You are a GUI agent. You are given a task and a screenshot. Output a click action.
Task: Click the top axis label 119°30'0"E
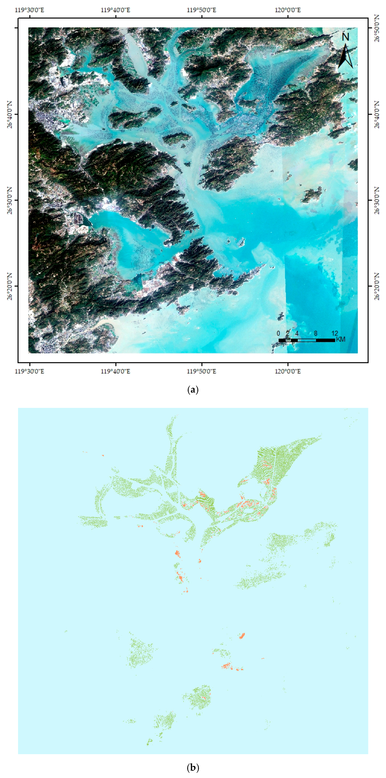[29, 10]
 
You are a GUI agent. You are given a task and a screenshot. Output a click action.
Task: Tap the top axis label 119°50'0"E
[201, 10]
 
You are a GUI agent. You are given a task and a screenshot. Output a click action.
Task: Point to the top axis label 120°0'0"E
[288, 10]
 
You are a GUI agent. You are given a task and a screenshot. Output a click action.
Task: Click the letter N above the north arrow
[345, 37]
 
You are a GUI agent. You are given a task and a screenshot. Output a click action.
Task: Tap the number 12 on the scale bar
[334, 333]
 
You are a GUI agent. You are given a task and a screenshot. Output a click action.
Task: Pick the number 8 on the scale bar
[316, 333]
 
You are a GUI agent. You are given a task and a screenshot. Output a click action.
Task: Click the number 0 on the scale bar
[278, 333]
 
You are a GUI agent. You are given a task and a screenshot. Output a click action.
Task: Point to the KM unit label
[341, 339]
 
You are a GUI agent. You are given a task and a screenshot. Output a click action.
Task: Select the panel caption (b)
[193, 767]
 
